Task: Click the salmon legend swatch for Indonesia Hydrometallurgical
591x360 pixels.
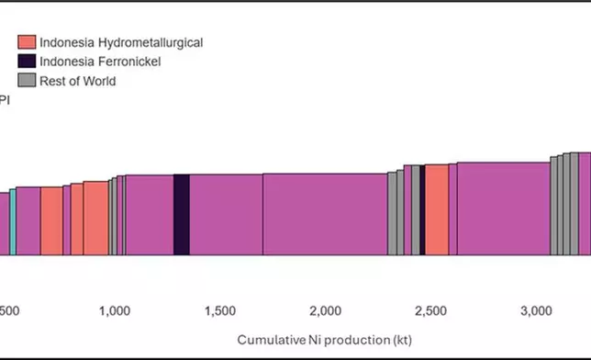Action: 28,42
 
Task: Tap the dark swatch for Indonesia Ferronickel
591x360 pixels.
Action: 28,62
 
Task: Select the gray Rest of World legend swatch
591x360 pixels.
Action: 28,81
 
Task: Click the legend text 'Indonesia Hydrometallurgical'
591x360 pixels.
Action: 121,42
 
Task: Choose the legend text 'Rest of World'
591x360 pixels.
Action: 78,81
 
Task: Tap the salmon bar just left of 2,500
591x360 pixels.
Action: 436,209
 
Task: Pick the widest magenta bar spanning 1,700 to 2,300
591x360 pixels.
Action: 325,214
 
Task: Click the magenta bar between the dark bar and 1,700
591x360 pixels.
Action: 226,214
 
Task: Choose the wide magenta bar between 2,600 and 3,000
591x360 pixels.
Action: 503,208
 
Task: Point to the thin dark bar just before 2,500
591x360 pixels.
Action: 420,209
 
